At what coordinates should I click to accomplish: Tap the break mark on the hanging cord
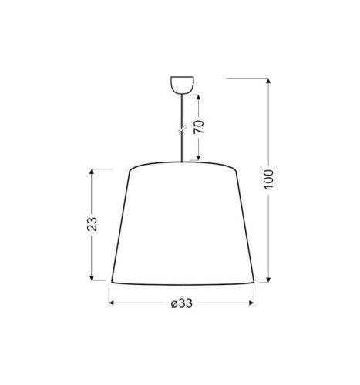(x=180, y=129)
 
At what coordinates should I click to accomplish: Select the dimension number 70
(x=200, y=128)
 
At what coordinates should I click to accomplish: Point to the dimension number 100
(x=267, y=180)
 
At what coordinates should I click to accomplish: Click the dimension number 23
(x=93, y=224)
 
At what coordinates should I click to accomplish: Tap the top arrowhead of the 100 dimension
(x=267, y=80)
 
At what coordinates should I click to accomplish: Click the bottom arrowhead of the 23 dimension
(x=93, y=280)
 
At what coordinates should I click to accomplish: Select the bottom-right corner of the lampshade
(x=253, y=282)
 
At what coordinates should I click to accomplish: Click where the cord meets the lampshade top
(x=180, y=162)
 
